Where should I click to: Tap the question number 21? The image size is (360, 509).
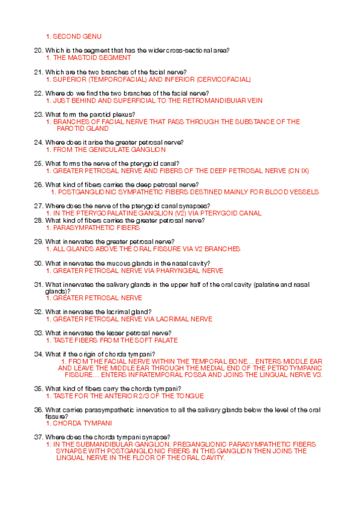(38, 72)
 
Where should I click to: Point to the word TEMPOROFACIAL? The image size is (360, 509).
(114, 79)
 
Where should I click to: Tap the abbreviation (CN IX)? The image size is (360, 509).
(297, 171)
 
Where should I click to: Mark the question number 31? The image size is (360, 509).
(38, 284)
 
